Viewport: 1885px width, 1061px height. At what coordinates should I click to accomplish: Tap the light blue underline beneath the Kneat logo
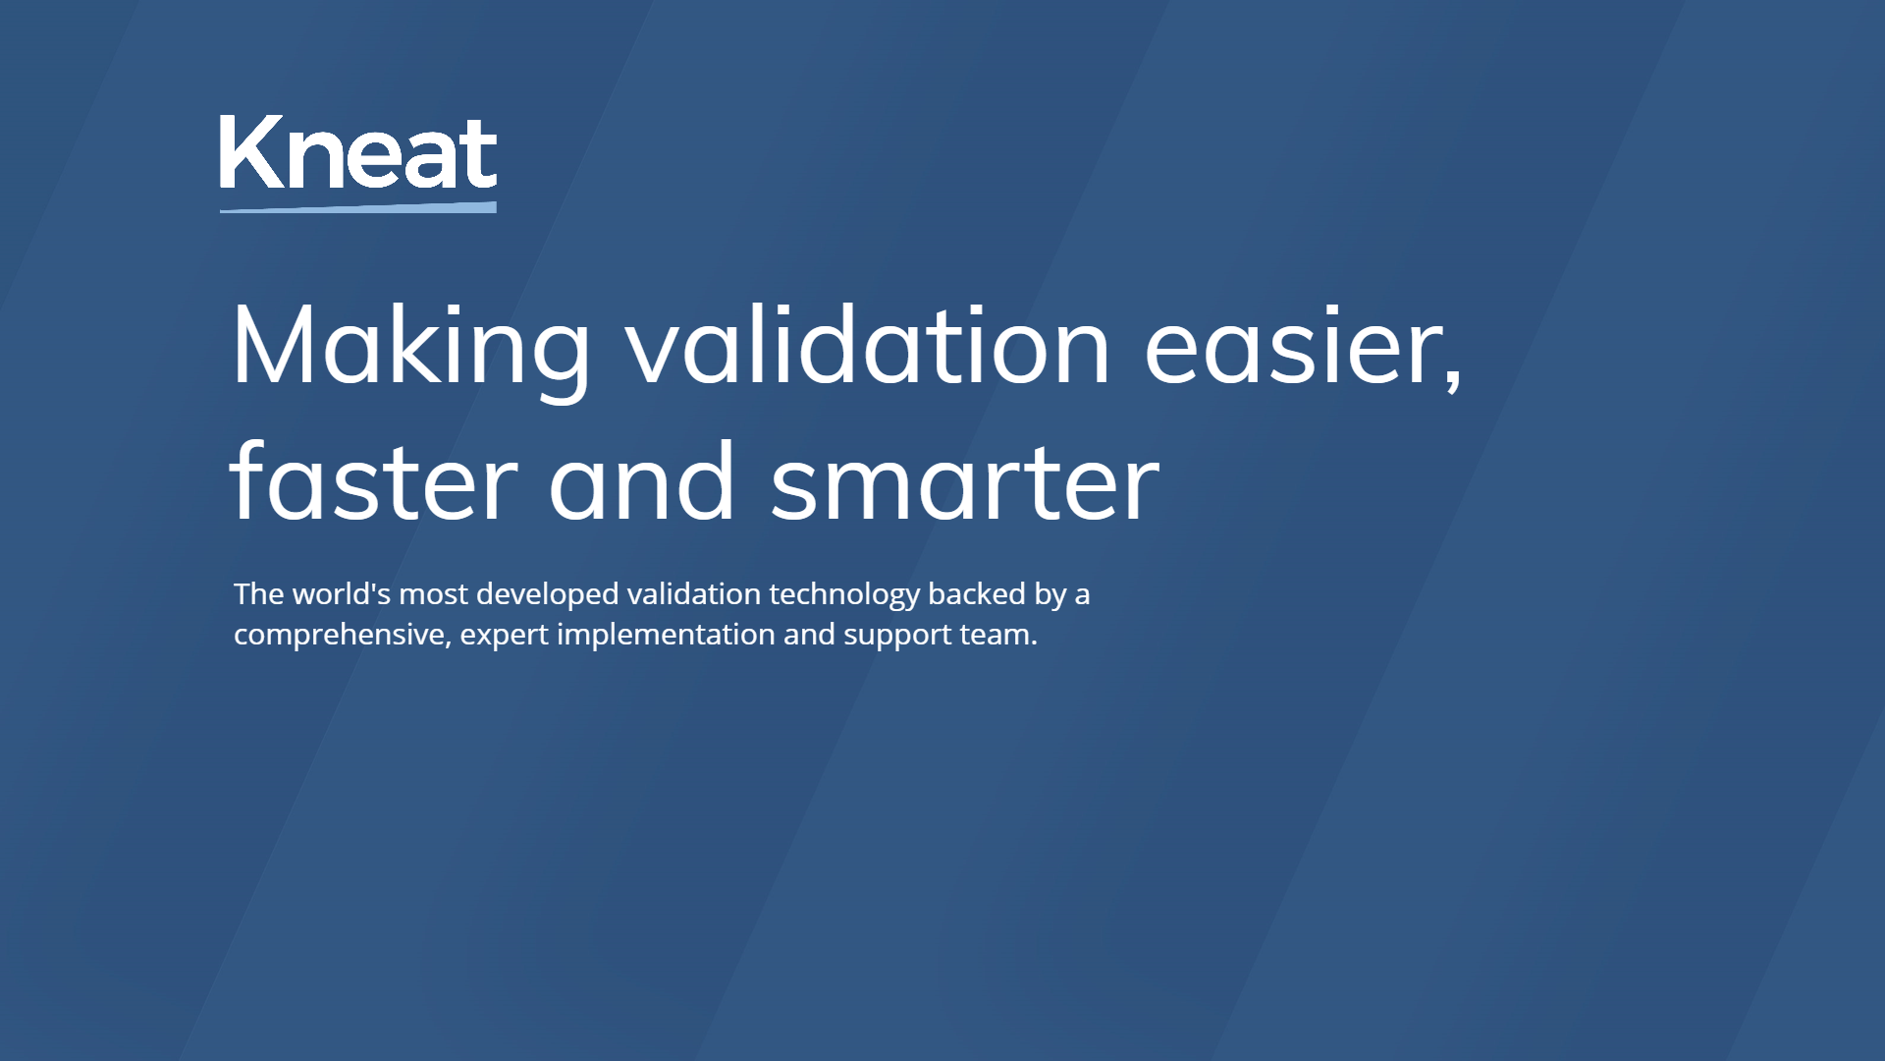[358, 207]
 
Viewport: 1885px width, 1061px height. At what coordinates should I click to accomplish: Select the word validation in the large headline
[869, 347]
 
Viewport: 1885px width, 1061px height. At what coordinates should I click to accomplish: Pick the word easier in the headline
[1294, 347]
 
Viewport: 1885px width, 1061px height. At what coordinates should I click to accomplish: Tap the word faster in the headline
[374, 483]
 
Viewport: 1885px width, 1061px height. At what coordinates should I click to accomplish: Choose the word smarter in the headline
[965, 483]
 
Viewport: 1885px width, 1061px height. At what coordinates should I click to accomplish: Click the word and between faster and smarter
[642, 483]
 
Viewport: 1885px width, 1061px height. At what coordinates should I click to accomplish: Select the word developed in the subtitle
[548, 595]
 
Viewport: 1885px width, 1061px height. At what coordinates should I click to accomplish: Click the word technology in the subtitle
[844, 595]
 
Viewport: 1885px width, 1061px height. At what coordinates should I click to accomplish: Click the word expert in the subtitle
[504, 636]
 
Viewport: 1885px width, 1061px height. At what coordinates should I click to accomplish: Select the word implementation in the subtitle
[666, 636]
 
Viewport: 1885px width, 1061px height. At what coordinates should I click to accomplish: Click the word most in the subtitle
[433, 594]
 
